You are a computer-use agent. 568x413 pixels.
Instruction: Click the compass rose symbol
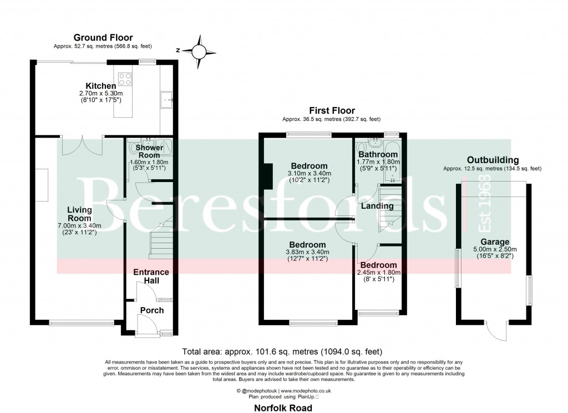(198, 52)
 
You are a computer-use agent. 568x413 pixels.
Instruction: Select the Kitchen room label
(100, 86)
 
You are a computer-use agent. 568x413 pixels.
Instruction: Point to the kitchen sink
(167, 100)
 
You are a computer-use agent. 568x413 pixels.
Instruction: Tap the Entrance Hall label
(151, 276)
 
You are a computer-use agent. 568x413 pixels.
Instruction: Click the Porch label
(151, 310)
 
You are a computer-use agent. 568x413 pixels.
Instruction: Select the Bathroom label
(378, 154)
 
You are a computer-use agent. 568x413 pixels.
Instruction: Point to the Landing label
(377, 206)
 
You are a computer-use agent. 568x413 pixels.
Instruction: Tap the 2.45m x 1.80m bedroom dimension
(377, 273)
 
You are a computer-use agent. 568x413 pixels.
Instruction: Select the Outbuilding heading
(492, 160)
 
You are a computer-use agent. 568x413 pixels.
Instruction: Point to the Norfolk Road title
(283, 407)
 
